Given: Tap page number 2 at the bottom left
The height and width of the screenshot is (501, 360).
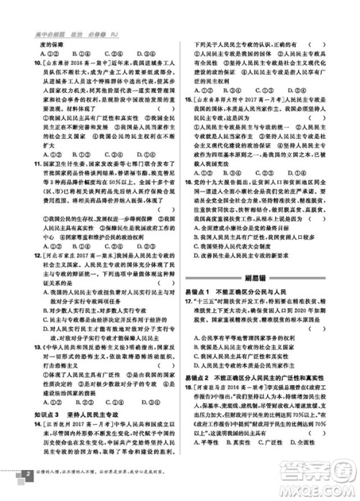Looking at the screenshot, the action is [26, 475].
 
